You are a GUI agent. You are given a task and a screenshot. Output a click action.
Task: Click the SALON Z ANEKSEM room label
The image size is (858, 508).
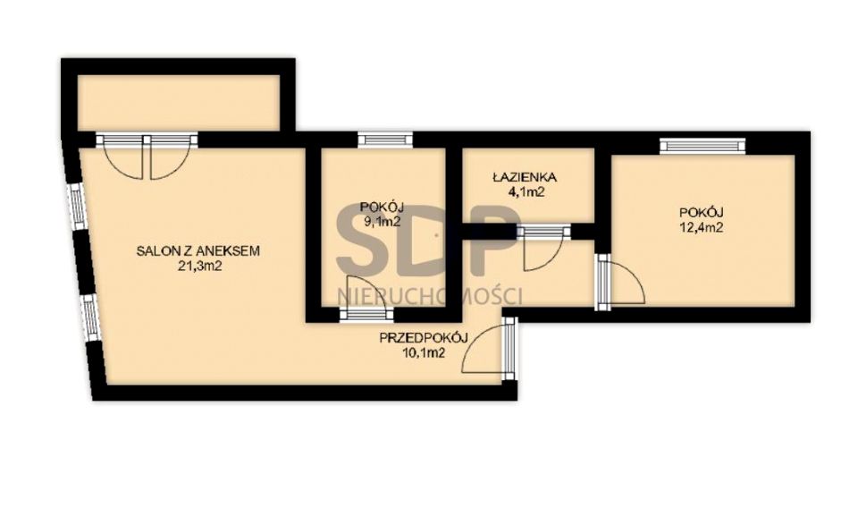click(x=198, y=251)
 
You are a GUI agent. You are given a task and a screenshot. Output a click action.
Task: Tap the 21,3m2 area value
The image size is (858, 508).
click(x=198, y=267)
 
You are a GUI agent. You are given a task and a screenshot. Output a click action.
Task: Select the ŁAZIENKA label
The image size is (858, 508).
click(x=525, y=177)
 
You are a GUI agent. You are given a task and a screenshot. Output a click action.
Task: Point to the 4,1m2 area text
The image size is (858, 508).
click(x=525, y=192)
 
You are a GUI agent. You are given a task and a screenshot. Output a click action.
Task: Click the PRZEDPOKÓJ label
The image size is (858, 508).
click(x=424, y=338)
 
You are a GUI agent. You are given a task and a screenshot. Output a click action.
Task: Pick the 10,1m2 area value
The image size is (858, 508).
click(x=424, y=353)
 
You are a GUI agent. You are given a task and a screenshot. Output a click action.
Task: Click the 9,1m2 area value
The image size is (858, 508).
click(x=382, y=222)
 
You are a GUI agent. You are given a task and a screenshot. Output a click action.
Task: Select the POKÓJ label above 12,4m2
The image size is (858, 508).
click(x=702, y=212)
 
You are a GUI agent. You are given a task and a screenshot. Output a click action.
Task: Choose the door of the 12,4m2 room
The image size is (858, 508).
click(x=620, y=282)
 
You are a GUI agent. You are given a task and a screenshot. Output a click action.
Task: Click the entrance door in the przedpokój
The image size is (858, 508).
click(x=489, y=349)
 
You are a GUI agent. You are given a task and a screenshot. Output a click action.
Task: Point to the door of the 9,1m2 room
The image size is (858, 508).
click(x=366, y=299)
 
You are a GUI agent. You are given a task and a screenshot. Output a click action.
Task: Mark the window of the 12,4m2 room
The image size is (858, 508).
click(x=702, y=146)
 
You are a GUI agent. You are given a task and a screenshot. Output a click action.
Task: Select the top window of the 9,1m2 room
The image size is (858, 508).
click(x=384, y=140)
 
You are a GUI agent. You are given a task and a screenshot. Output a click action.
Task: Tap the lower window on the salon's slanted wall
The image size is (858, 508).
click(x=90, y=318)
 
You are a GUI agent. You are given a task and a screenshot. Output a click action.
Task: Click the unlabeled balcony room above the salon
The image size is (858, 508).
click(x=179, y=103)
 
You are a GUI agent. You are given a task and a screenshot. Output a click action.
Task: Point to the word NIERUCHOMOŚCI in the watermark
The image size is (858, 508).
click(x=430, y=296)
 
